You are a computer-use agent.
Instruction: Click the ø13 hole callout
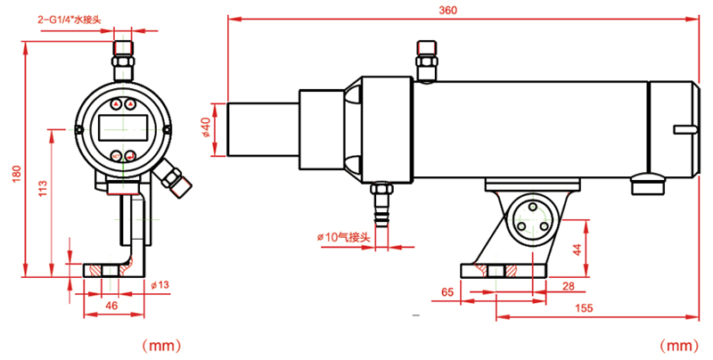coord(160,285)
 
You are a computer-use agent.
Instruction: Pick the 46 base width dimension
coord(111,306)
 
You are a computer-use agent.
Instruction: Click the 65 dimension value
coord(447,291)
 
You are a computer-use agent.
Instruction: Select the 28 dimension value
coord(569,285)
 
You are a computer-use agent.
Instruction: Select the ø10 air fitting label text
coord(343,237)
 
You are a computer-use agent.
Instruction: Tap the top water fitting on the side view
coord(427,58)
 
